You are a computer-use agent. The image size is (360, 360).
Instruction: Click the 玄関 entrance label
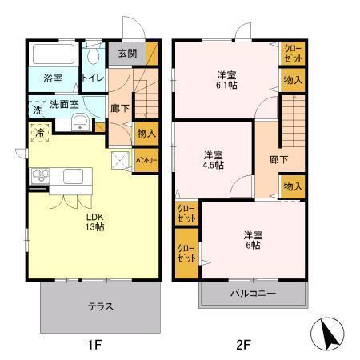127,54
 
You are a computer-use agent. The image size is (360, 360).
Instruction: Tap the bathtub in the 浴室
53,56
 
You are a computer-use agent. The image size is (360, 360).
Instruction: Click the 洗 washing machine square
37,109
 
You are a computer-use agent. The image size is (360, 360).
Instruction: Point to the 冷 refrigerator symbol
38,132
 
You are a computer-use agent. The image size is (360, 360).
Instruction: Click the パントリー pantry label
145,158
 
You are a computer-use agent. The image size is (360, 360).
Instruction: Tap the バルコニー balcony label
254,294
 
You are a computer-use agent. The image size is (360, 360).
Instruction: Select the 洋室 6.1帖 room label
226,82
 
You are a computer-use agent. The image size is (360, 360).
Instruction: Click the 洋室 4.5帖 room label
213,159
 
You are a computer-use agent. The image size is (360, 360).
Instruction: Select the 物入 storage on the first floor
146,134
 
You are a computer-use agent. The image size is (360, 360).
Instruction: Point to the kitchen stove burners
38,176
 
